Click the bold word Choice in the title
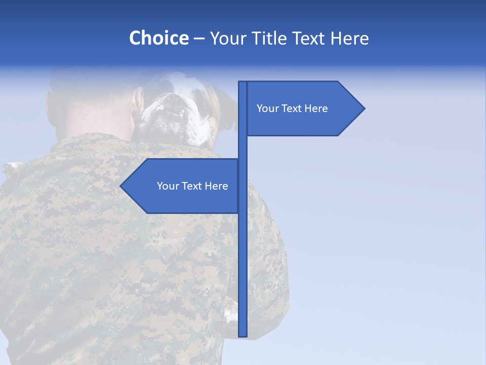tap(158, 39)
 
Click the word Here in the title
tap(349, 39)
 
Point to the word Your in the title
tap(228, 39)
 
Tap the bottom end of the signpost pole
tap(242, 335)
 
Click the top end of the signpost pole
tap(242, 82)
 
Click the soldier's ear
tap(137, 104)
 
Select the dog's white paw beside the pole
tap(230, 310)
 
